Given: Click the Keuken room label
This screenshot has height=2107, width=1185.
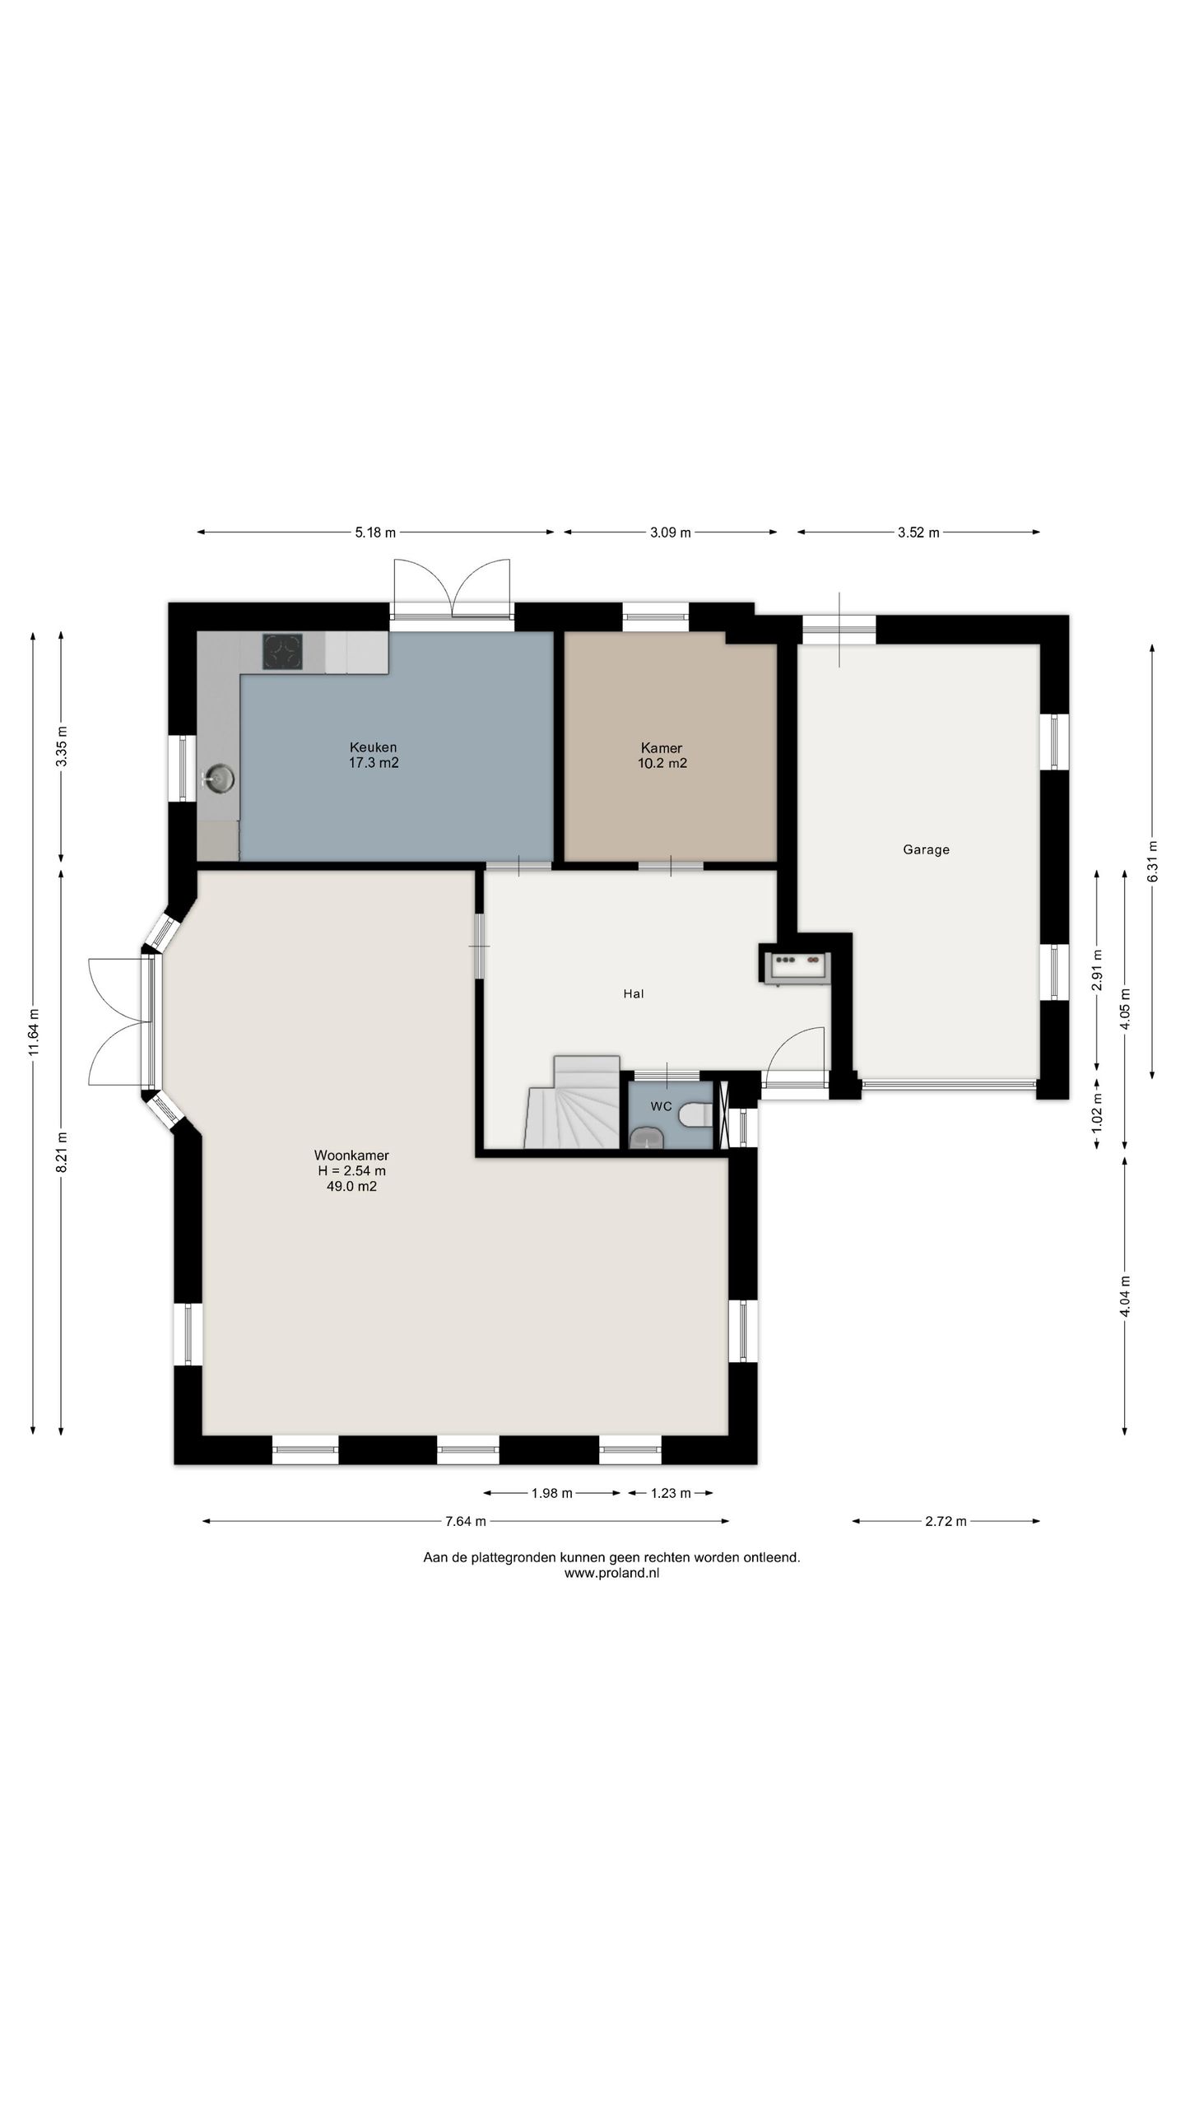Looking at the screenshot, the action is [x=373, y=747].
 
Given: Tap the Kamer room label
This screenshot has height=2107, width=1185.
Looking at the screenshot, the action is [x=662, y=748].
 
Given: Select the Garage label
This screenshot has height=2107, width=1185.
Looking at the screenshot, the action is [x=926, y=849].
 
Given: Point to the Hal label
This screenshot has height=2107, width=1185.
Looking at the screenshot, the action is [x=633, y=993].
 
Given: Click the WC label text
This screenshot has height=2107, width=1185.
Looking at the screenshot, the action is [x=661, y=1106].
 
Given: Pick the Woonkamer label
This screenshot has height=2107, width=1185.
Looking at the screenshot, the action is [x=351, y=1155].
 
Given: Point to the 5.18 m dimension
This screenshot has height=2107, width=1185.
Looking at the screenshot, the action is [x=375, y=533].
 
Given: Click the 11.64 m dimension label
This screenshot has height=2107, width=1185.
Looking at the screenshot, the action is [x=33, y=1031].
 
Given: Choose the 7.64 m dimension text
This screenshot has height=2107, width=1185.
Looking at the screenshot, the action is [x=466, y=1521].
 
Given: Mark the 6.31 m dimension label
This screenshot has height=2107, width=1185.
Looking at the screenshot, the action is [x=1152, y=861].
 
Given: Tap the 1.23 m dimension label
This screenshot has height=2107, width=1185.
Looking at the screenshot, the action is [x=671, y=1493].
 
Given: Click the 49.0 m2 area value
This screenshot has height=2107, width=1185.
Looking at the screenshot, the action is [x=351, y=1186].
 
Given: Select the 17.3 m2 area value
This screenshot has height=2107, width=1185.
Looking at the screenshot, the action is [x=374, y=763].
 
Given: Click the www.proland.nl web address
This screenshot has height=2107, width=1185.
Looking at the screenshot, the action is [x=611, y=1573].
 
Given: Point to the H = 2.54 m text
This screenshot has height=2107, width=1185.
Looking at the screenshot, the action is [x=351, y=1170].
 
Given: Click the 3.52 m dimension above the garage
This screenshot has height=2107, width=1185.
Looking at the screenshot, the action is [x=918, y=533].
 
